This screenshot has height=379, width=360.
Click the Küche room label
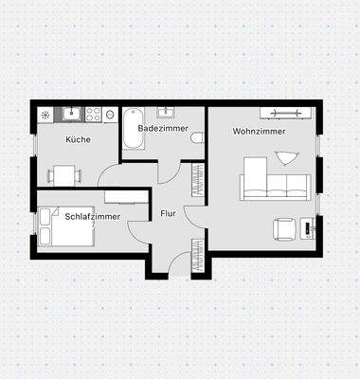tap(78, 140)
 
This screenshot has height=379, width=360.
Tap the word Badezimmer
tap(163, 127)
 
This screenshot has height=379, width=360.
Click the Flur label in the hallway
tap(169, 213)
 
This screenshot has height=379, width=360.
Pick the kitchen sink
tap(69, 115)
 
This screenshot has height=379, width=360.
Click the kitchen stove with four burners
tap(94, 115)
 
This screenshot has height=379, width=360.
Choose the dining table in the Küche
tap(64, 173)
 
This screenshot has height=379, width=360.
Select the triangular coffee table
tap(283, 156)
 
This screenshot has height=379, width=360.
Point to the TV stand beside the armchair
tap(308, 228)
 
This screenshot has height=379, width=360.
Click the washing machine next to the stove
tap(113, 115)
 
